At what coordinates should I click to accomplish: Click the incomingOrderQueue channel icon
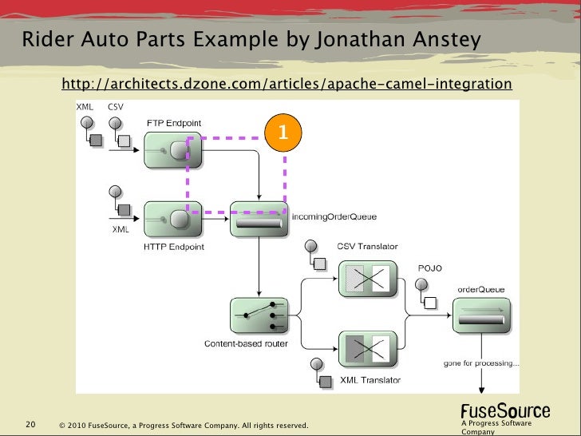click(259, 219)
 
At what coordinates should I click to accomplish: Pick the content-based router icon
click(259, 318)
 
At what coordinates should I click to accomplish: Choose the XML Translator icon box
click(369, 349)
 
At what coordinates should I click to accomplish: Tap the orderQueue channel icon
click(481, 317)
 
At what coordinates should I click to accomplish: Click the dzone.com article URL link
click(286, 84)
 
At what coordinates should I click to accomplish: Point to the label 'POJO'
click(429, 268)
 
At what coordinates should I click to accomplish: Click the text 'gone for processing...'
click(481, 364)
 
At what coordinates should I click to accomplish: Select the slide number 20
click(31, 424)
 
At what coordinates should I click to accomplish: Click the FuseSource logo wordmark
click(505, 411)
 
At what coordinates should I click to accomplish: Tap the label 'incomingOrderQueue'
click(334, 216)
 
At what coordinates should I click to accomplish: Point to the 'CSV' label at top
click(116, 107)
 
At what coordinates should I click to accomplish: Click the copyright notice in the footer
click(184, 425)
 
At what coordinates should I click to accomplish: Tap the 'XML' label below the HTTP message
click(119, 229)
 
